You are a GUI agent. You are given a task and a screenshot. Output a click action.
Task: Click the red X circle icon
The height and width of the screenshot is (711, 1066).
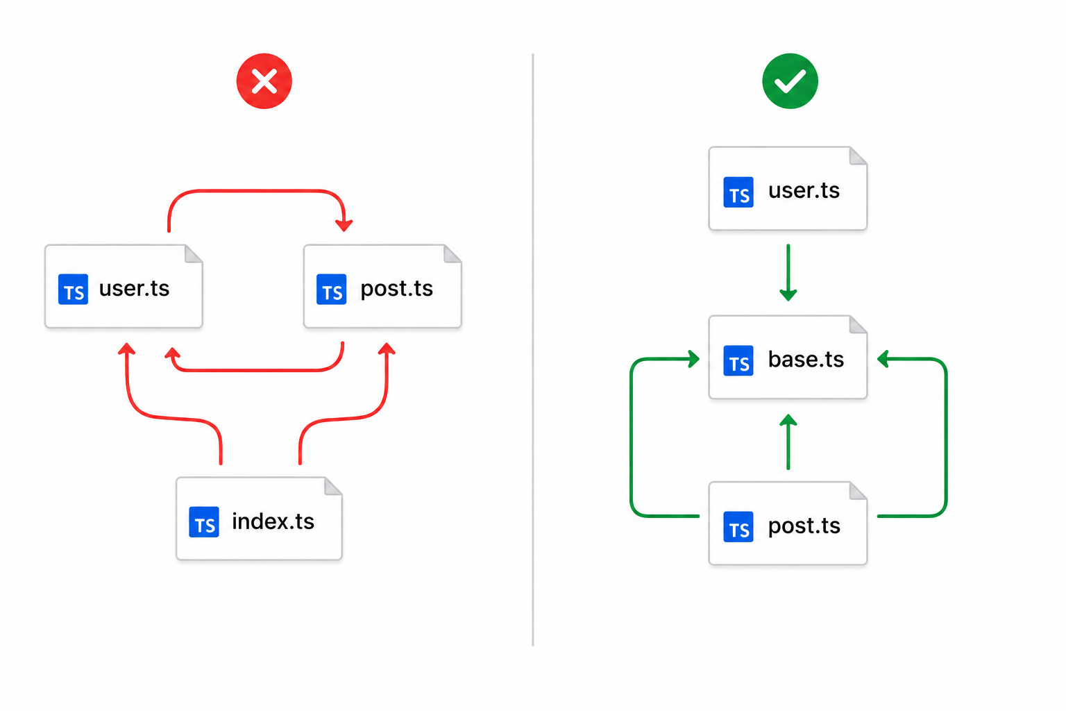[264, 81]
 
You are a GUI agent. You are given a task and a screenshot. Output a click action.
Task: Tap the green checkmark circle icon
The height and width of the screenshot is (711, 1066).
[790, 81]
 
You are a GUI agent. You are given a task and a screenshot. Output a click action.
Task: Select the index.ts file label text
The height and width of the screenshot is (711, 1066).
[273, 521]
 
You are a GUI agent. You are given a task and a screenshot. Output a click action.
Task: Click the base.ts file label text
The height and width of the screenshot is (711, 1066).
[806, 360]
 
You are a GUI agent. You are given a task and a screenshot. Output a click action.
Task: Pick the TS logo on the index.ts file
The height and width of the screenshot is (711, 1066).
[203, 522]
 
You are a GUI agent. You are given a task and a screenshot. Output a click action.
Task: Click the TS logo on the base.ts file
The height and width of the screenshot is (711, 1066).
[738, 360]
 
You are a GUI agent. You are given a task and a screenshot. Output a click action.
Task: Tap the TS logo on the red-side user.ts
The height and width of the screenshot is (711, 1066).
[73, 289]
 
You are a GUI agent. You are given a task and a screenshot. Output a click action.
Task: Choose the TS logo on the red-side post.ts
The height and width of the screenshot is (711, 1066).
[331, 289]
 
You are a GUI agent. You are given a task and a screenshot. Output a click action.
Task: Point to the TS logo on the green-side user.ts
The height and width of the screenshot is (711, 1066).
[738, 192]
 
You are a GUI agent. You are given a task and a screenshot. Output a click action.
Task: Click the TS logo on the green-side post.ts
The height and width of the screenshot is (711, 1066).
[738, 527]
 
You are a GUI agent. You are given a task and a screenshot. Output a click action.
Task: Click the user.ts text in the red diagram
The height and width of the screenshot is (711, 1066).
[134, 288]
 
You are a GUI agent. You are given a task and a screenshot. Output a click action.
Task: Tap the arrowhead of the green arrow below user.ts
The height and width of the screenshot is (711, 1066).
[788, 294]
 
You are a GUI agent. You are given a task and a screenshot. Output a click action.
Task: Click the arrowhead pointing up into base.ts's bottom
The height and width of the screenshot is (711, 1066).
[788, 420]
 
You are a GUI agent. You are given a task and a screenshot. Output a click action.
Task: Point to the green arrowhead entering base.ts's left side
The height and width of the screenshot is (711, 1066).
[693, 358]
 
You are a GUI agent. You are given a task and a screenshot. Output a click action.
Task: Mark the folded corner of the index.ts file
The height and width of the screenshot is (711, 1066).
[333, 487]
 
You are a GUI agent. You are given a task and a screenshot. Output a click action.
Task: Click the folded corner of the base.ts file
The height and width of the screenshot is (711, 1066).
[858, 325]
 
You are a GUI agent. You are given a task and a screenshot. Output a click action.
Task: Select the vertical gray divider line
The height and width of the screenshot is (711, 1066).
[533, 349]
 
